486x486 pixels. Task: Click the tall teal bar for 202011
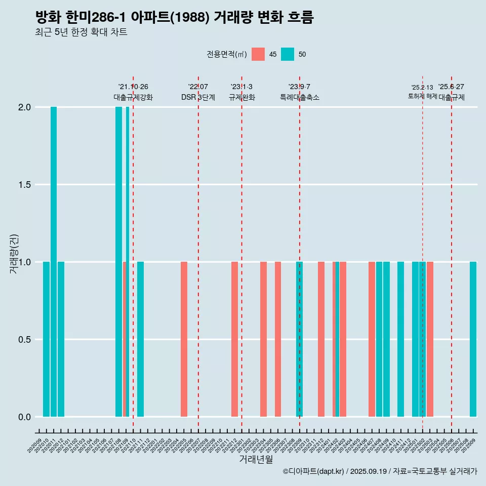(x=54, y=262)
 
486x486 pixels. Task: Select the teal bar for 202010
(x=46, y=339)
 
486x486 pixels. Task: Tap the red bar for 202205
(x=184, y=339)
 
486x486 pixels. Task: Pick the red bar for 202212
(x=234, y=339)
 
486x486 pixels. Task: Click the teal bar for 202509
(x=473, y=339)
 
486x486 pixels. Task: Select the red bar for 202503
(x=430, y=339)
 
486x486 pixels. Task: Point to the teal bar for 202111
(x=140, y=339)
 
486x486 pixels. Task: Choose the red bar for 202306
(x=278, y=339)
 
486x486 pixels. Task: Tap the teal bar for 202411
(x=400, y=339)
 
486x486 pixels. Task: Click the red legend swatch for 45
(x=258, y=54)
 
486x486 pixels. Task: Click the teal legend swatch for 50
(x=288, y=54)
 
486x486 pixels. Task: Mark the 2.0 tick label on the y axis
(x=25, y=107)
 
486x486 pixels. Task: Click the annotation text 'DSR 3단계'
(x=198, y=97)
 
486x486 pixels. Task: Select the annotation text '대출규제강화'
(x=133, y=97)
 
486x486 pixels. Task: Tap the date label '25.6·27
(x=451, y=87)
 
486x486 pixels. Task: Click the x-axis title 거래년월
(x=256, y=459)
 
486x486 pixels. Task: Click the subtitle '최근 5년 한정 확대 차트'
(x=81, y=32)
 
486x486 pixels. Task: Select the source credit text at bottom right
(x=380, y=471)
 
